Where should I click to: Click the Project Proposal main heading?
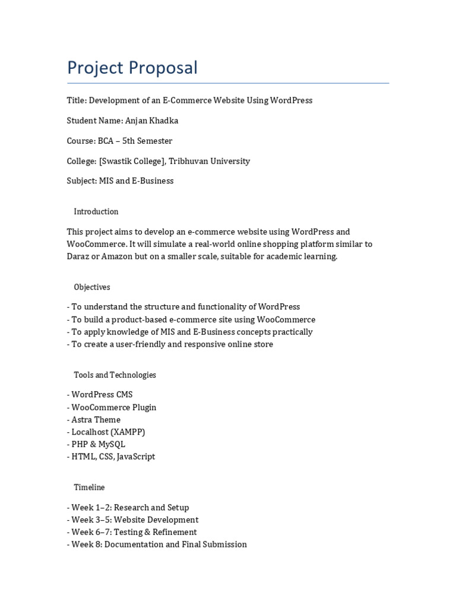pos(132,68)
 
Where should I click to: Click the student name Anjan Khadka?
pos(151,121)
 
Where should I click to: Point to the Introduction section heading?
pos(96,211)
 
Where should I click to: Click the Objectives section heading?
pos(91,287)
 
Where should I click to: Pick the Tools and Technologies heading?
pos(115,375)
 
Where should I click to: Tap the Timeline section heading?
pos(89,487)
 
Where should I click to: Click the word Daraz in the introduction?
pos(79,256)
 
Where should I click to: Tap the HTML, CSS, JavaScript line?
pos(113,457)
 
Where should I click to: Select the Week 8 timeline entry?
pos(159,544)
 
